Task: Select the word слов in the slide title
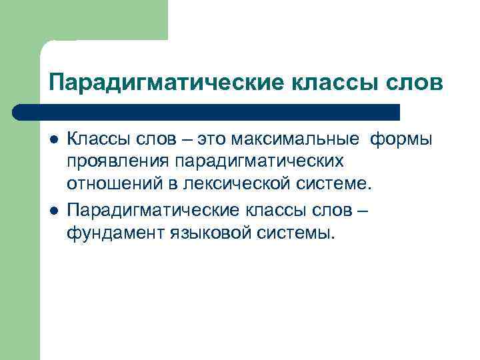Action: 415,83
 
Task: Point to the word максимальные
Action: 299,139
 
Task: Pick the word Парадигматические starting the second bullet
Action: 151,211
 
